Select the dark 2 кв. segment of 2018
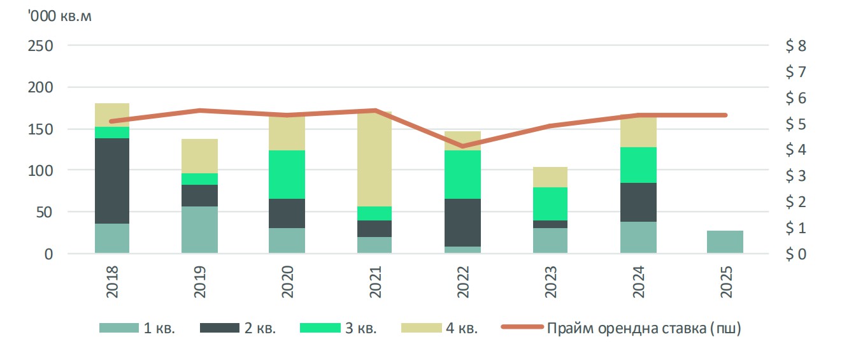(x=112, y=181)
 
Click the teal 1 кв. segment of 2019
(x=199, y=229)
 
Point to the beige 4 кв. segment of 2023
(x=550, y=177)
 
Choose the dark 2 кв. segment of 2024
(x=639, y=202)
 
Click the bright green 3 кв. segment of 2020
(x=287, y=175)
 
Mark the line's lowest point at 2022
(x=462, y=147)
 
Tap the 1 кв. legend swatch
(x=119, y=328)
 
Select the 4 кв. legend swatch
(x=422, y=328)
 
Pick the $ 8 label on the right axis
(x=796, y=46)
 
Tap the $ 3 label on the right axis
(x=796, y=175)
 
